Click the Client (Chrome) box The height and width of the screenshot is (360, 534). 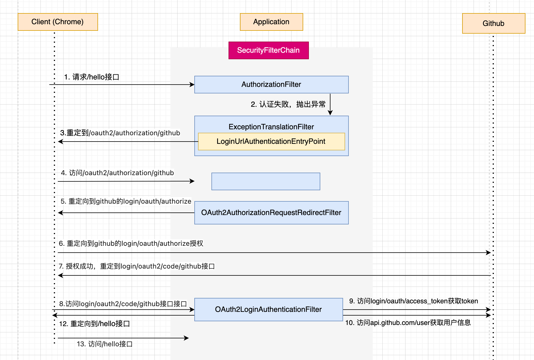(x=58, y=22)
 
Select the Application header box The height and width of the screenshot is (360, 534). (x=271, y=22)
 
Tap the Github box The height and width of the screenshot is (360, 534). (x=493, y=23)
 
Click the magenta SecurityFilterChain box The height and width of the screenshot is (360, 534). (x=268, y=50)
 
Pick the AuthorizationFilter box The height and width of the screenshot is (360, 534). (x=271, y=85)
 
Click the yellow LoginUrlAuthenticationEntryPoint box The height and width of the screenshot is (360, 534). (x=271, y=142)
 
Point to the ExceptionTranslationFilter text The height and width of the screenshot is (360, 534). (x=271, y=127)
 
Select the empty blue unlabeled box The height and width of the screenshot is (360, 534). (x=266, y=181)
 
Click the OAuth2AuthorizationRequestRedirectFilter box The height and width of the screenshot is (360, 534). (x=271, y=213)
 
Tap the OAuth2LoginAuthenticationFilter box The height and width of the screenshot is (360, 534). (x=268, y=310)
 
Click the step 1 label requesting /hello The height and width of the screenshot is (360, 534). (x=91, y=77)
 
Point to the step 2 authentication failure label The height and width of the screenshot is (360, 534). (x=288, y=104)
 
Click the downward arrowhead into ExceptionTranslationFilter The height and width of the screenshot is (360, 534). (x=330, y=113)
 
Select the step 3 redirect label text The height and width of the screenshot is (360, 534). (x=120, y=133)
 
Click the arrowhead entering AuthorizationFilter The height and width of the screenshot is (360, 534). (x=192, y=85)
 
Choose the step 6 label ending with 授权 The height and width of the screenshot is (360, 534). (x=131, y=244)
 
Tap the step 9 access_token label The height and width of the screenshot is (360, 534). (x=413, y=301)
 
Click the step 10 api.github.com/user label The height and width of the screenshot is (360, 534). (x=408, y=323)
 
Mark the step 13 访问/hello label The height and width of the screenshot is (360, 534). (x=105, y=344)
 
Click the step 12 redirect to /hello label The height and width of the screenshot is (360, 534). (x=94, y=324)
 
